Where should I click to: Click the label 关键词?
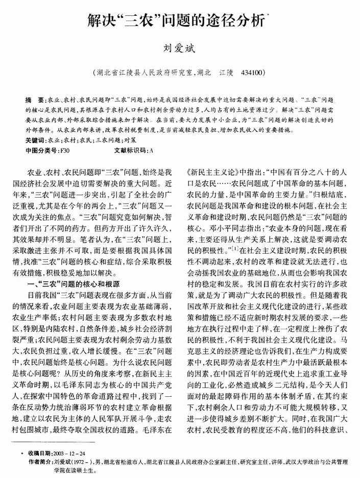coord(35,139)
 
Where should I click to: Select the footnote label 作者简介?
coord(38,462)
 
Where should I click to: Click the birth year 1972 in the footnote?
coord(91,462)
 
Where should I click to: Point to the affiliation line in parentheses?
coord(180,73)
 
